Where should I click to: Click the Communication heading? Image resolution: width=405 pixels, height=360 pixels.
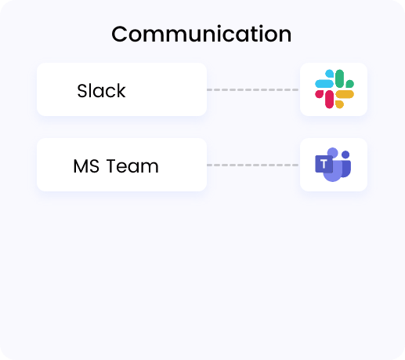tap(201, 34)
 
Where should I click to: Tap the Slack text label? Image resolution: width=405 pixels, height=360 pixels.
tap(101, 91)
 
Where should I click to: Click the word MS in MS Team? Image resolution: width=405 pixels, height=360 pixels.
tap(86, 166)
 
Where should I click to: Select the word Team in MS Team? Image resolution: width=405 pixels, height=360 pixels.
tap(132, 166)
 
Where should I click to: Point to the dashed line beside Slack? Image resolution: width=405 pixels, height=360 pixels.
tap(252, 89)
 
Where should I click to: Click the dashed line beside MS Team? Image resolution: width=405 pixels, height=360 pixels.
tap(252, 165)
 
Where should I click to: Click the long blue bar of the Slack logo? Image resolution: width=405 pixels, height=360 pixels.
tap(324, 84)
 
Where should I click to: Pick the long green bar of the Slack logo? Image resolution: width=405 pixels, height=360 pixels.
tap(340, 78)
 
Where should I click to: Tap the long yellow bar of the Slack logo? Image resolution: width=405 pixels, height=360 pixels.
tap(345, 94)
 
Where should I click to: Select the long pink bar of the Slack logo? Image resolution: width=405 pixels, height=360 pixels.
tap(329, 99)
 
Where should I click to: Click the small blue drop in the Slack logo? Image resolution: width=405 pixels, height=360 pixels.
tap(330, 74)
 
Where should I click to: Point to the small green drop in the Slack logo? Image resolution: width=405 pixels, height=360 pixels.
tap(350, 84)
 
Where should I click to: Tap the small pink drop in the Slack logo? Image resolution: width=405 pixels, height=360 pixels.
tap(319, 94)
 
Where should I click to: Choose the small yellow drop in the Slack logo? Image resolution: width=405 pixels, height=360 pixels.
tap(339, 104)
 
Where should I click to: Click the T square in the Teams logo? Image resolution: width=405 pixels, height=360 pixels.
tap(324, 164)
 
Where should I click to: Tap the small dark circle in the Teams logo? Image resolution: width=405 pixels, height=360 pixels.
tap(345, 155)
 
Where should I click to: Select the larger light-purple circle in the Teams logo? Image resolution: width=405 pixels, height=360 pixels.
tap(333, 153)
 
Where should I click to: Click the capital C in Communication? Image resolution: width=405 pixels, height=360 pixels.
tap(119, 34)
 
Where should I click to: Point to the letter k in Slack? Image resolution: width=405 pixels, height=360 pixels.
tap(121, 91)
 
